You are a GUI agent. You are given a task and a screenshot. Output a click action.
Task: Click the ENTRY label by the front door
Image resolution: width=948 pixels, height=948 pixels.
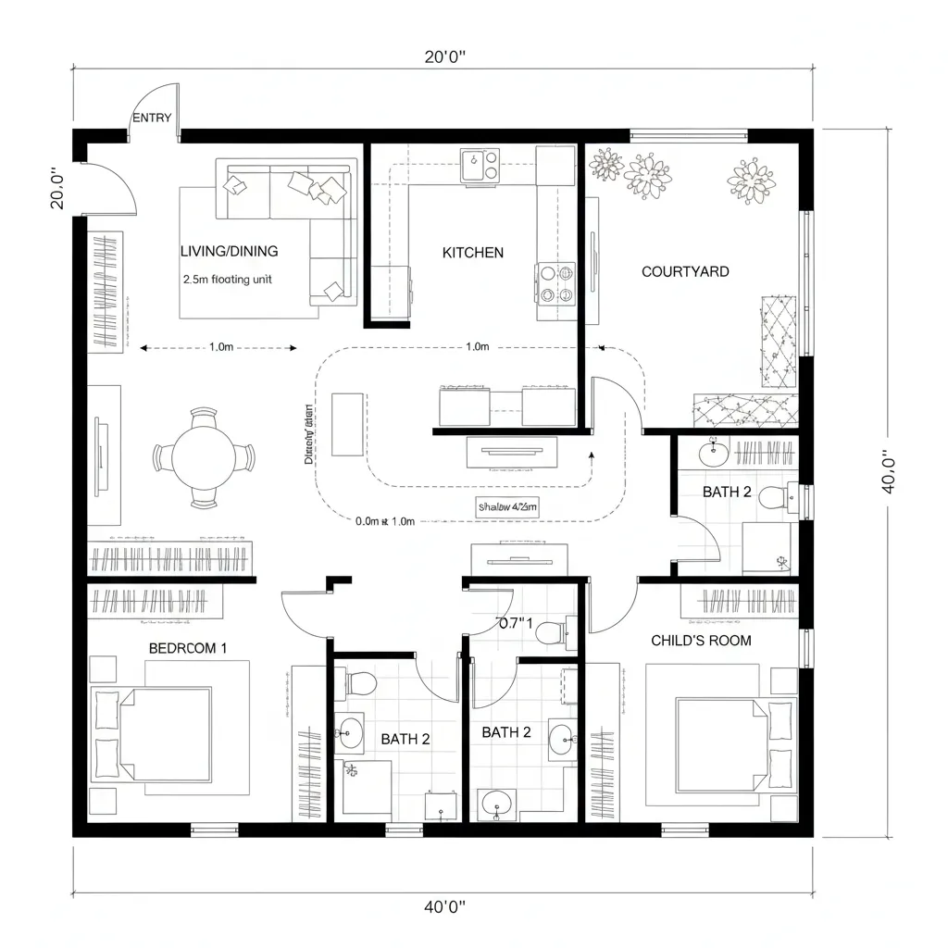coord(152,118)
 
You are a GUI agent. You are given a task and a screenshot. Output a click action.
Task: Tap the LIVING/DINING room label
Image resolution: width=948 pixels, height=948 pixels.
coord(230,251)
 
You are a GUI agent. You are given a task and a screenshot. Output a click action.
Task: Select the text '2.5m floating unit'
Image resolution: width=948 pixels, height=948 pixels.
coord(228,279)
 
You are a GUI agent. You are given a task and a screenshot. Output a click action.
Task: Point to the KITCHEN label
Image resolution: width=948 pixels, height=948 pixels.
coord(472,252)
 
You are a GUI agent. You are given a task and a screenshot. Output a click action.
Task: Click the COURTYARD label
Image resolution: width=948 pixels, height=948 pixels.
coord(685,271)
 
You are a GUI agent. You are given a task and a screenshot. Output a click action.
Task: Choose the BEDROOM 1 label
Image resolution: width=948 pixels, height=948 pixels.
coord(188,648)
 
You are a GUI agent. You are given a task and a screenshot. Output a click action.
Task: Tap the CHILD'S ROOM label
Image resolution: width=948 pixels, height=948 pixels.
coord(701,640)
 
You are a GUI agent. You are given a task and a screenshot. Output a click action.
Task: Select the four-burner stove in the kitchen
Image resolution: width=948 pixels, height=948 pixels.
coord(555,283)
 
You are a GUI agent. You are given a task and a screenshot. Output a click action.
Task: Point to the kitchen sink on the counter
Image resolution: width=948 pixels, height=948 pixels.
coord(480,163)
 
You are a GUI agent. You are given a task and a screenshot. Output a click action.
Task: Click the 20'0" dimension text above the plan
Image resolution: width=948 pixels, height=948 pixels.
coord(444,56)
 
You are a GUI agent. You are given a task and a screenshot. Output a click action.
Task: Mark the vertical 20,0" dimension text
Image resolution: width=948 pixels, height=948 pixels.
coord(56,188)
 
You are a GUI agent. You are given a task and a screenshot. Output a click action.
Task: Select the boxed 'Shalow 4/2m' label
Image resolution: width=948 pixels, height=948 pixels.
coord(507,506)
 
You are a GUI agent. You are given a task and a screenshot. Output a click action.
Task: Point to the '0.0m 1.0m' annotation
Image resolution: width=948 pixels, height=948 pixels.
coord(385,521)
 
